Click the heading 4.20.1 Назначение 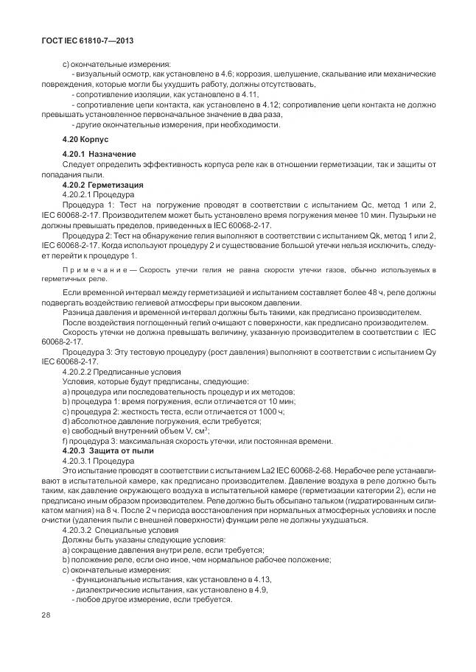tap(99, 153)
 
